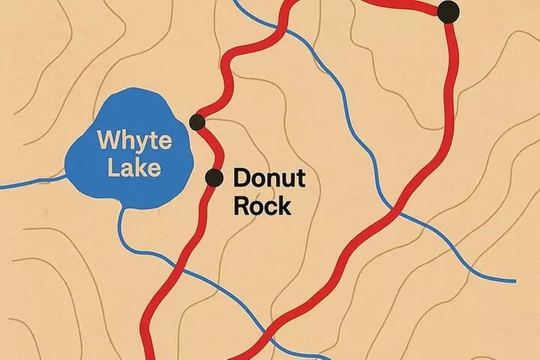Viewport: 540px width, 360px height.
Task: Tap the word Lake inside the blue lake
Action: point(134,167)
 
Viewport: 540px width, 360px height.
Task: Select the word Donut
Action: point(268,178)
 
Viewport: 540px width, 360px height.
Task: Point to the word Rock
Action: point(262,205)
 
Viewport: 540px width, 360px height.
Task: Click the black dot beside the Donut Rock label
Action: point(214,178)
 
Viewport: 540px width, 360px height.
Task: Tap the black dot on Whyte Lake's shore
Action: point(197,121)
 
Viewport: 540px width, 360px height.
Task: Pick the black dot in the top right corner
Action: point(448,10)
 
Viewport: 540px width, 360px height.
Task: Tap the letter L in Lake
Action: point(112,167)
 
